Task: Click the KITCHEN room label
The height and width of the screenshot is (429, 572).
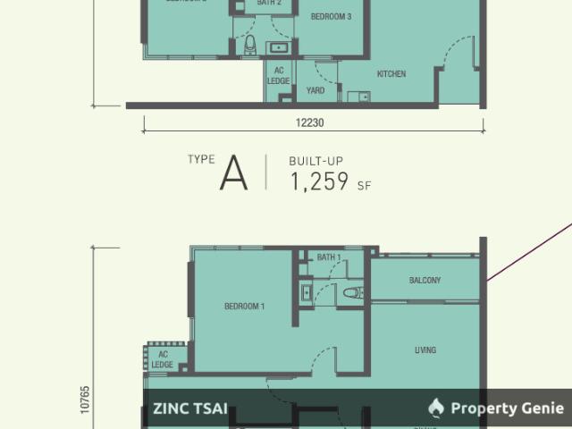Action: (x=391, y=74)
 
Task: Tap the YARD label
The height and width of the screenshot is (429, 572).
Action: (x=315, y=89)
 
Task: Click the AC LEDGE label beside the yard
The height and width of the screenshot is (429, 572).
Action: (x=279, y=75)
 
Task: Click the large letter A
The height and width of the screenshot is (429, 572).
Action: (x=233, y=173)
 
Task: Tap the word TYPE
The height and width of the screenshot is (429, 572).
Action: (x=201, y=159)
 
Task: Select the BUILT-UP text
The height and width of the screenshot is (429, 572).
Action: (x=315, y=161)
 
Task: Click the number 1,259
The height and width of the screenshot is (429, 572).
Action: (x=319, y=181)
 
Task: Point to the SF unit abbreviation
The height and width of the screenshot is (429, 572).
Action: (x=364, y=187)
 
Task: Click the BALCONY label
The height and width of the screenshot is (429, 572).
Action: (x=425, y=281)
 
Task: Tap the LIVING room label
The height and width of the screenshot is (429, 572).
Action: (x=425, y=349)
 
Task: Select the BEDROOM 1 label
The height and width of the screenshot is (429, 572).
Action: (x=244, y=307)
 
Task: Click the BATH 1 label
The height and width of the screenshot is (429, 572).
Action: (x=330, y=257)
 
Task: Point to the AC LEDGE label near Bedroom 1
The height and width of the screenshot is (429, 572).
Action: (x=162, y=359)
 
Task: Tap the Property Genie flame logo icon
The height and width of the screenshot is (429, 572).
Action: (x=436, y=408)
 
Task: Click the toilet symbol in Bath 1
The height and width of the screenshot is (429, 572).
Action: (x=351, y=292)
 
